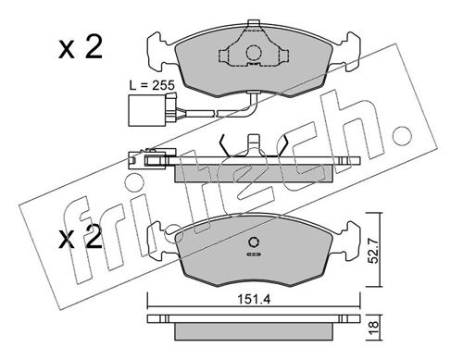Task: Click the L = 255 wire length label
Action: point(152,85)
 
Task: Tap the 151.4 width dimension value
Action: point(254,299)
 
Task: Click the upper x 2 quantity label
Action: point(81,49)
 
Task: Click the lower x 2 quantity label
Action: point(81,237)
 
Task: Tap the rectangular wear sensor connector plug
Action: point(138,110)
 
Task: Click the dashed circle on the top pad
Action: point(254,53)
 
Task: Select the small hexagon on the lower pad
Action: point(254,242)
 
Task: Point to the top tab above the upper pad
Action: point(253,23)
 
